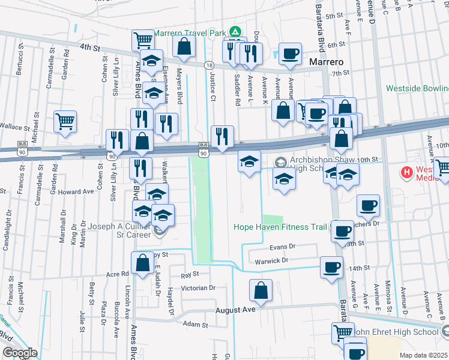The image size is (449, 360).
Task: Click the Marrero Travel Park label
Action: (190, 32)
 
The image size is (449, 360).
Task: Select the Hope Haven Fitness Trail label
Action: (280, 226)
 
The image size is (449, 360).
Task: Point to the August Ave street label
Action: (236, 310)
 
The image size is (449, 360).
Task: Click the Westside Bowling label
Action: (417, 88)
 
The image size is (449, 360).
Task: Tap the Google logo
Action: (20, 353)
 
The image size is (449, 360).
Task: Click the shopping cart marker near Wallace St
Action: (65, 121)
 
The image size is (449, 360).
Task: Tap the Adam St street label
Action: (195, 325)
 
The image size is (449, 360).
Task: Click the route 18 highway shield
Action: (208, 65)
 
